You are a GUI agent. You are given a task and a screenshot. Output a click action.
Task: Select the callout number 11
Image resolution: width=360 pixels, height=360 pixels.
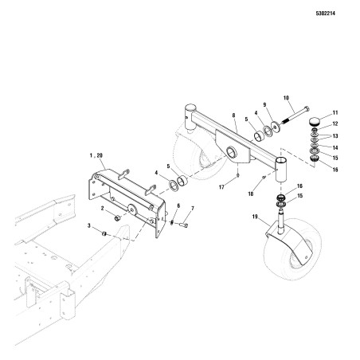[x=334, y=114]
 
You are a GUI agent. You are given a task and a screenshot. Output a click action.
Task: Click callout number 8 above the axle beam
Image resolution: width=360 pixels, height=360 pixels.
[x=233, y=115]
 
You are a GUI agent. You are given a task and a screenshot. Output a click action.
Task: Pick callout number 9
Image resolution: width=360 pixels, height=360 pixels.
[x=264, y=104]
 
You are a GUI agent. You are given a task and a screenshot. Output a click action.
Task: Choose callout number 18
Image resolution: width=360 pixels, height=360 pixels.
[x=251, y=193]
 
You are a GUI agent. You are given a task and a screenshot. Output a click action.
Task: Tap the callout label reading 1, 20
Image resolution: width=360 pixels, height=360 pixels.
[x=97, y=158]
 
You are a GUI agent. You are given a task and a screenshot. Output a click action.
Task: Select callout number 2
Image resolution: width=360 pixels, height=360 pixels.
[x=102, y=209]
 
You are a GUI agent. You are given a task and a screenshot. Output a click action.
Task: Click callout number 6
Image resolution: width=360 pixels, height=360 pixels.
[x=178, y=205]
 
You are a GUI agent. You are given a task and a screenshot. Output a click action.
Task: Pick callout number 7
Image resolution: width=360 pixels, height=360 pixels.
[x=191, y=209]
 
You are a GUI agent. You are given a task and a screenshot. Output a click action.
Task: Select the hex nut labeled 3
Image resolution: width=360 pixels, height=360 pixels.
[x=104, y=232]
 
